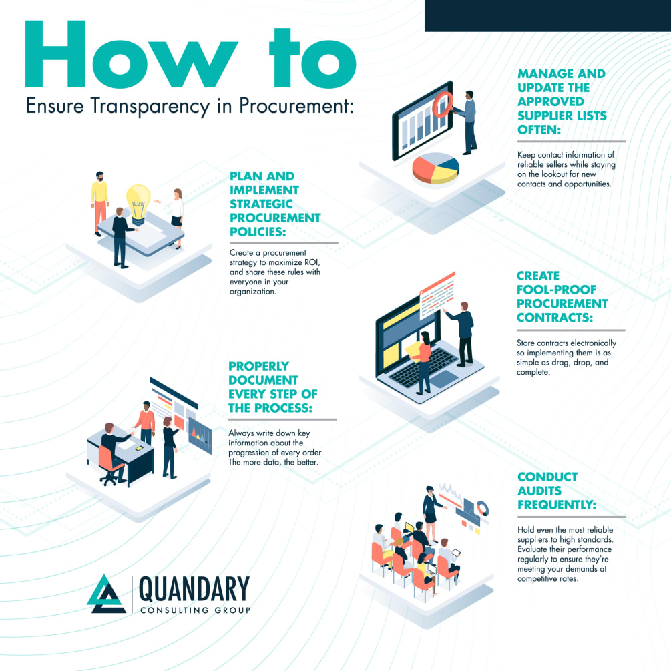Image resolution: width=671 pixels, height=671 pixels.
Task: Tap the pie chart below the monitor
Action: click(x=435, y=168)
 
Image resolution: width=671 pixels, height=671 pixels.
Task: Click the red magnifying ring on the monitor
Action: click(x=443, y=104)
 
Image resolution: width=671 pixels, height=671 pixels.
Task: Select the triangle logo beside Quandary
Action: click(x=106, y=594)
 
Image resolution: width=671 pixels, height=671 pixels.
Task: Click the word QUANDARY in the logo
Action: click(x=194, y=589)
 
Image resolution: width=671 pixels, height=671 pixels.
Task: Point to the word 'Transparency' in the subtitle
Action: click(x=150, y=106)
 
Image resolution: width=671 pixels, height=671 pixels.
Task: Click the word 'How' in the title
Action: click(x=131, y=54)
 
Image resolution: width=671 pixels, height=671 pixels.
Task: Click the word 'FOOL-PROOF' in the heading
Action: click(x=556, y=290)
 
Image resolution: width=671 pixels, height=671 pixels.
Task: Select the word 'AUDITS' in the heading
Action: click(x=539, y=491)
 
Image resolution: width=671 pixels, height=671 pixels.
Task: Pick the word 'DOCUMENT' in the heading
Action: click(x=263, y=380)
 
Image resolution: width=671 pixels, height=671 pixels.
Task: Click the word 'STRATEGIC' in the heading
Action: click(x=261, y=204)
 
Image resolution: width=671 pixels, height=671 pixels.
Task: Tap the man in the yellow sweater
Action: click(x=99, y=204)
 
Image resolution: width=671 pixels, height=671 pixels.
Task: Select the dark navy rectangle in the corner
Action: click(x=547, y=16)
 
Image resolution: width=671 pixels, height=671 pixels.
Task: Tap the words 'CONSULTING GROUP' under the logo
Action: click(x=195, y=610)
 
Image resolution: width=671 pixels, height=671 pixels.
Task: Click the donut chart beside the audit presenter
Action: click(x=482, y=509)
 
